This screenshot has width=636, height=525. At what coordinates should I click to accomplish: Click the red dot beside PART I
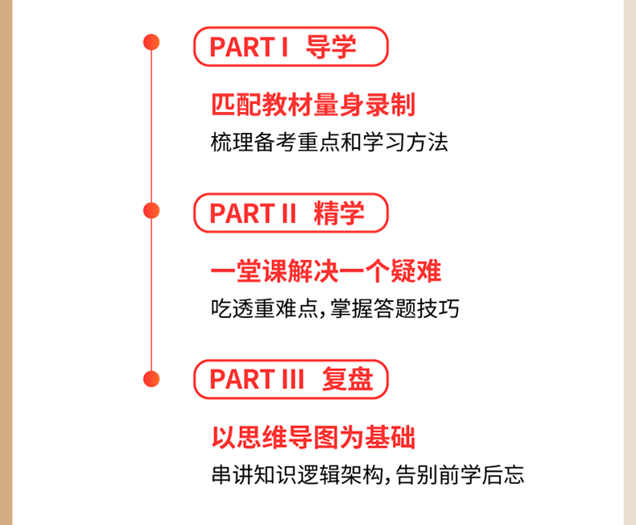point(151,42)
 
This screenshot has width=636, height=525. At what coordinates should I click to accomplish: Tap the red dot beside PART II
point(151,211)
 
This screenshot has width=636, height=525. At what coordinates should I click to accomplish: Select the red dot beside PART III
point(151,379)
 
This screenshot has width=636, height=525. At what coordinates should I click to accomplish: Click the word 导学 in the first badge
point(331,47)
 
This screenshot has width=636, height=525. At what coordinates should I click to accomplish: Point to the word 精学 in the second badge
point(339,213)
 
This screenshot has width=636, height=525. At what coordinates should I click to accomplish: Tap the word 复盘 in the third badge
point(348,379)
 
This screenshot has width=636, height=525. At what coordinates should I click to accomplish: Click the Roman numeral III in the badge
point(293,379)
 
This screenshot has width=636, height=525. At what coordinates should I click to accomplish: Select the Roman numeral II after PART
point(289,213)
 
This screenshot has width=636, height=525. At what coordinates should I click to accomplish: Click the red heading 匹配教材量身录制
point(313,105)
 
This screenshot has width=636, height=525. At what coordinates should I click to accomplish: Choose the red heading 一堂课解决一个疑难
point(326,271)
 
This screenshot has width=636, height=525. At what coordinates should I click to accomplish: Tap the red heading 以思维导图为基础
point(313,437)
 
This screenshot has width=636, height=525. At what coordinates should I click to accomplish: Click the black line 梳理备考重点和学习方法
point(329,143)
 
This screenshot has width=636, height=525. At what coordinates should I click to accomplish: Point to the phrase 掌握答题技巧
point(394,308)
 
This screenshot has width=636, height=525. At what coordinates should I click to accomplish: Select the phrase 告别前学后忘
point(460,475)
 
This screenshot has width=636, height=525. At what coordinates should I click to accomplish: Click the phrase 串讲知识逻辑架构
point(297,475)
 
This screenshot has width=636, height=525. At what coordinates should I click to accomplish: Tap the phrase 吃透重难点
point(264,308)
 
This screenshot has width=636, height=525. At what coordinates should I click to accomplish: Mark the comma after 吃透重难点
point(323,314)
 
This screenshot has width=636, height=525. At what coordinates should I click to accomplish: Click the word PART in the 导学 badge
point(242,47)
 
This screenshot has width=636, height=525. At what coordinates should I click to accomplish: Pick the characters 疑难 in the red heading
point(415,271)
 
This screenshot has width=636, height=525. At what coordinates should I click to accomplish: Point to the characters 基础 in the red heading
point(390,437)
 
